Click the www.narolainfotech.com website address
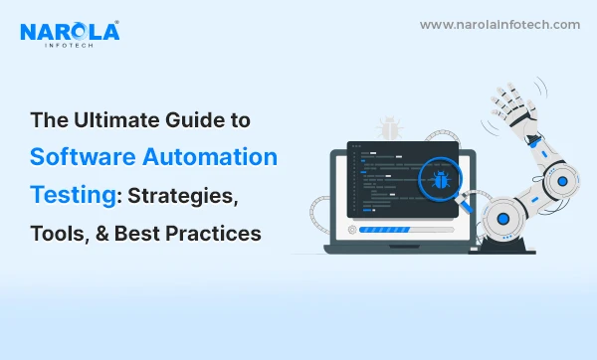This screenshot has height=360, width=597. pyautogui.click(x=499, y=24)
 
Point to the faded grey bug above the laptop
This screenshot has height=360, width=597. pyautogui.click(x=389, y=128)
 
